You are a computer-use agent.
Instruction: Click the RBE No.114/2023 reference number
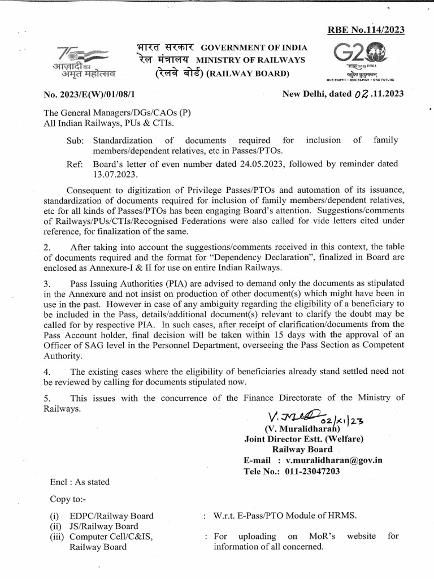click(x=367, y=31)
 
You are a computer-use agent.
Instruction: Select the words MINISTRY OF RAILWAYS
click(x=250, y=60)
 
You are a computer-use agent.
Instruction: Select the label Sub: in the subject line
click(x=76, y=140)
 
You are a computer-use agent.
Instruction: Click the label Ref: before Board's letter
click(x=76, y=164)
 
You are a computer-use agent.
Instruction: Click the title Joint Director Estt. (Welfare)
click(x=304, y=439)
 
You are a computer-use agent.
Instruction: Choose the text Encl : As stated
click(x=80, y=482)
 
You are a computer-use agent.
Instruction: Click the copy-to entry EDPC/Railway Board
click(x=111, y=516)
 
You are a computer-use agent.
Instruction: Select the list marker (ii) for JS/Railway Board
click(x=55, y=526)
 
